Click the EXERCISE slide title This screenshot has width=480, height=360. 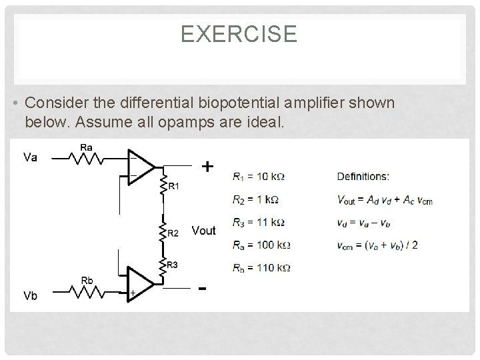click(239, 34)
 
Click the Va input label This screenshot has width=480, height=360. click(31, 158)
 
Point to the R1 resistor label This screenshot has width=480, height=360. click(173, 187)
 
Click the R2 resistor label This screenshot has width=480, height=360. click(173, 233)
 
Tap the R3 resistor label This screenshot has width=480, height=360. click(172, 265)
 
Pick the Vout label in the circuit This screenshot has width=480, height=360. click(203, 231)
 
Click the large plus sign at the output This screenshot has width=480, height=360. click(208, 166)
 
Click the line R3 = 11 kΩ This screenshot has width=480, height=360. click(259, 222)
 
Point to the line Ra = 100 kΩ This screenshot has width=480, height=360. click(262, 245)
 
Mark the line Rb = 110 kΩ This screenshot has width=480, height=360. click(262, 268)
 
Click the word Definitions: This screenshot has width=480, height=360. click(363, 177)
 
